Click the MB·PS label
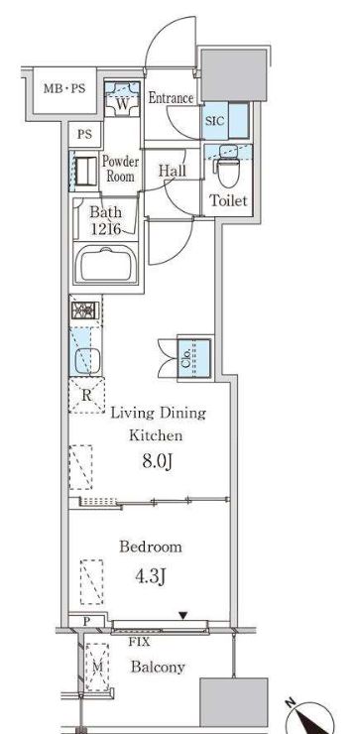(64, 88)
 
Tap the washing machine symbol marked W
(122, 100)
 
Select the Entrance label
(171, 98)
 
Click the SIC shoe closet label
(215, 120)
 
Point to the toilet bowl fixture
(229, 168)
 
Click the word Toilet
(228, 201)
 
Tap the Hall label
(173, 171)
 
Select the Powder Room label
(120, 169)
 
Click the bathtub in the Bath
(106, 263)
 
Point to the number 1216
(107, 229)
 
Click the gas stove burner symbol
(84, 309)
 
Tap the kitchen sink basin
(87, 361)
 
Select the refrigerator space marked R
(86, 395)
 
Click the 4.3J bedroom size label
(151, 577)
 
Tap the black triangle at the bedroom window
(183, 616)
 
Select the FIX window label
(140, 643)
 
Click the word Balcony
(158, 668)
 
